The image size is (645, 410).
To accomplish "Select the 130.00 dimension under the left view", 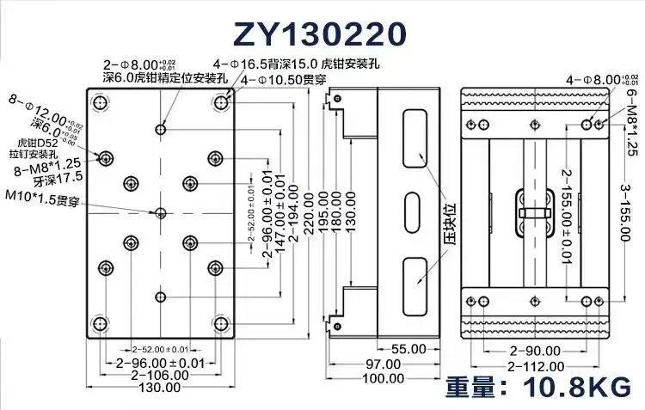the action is tap(161, 388).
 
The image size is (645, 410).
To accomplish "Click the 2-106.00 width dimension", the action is tap(161, 376).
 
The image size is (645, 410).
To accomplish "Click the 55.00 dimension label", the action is tap(407, 349).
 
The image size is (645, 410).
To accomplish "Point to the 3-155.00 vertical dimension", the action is tap(630, 215).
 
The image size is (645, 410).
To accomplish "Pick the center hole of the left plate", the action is tap(160, 212).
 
